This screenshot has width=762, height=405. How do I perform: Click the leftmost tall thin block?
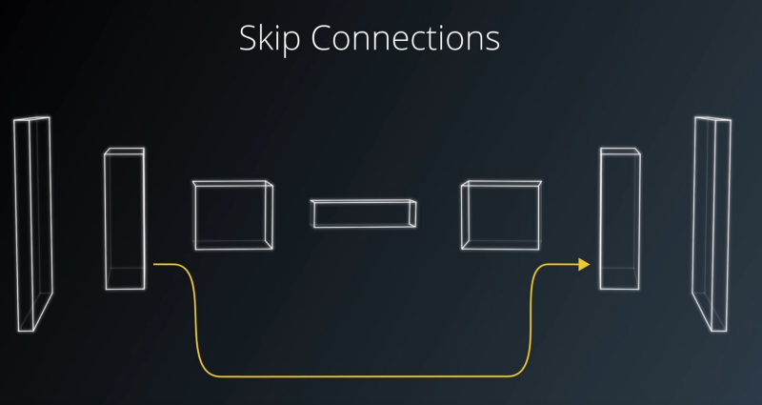[30, 224]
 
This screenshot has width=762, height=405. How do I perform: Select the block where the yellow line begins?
[125, 219]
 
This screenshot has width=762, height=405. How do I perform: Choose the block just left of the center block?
[233, 214]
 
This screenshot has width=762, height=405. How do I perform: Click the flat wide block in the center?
[363, 213]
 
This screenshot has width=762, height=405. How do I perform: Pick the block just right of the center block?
[500, 214]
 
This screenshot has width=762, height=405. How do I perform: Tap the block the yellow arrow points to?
[619, 219]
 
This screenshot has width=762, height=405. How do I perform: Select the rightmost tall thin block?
[712, 224]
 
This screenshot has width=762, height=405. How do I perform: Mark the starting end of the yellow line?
[155, 264]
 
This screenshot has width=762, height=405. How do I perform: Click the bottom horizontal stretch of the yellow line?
[362, 376]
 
